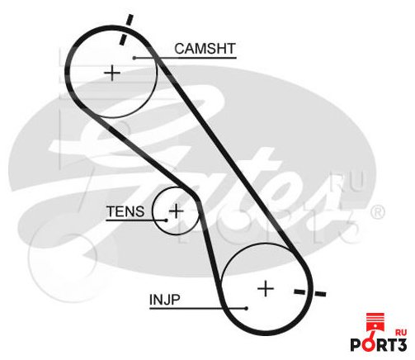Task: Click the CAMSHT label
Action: pos(205,49)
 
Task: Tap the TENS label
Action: pos(125,211)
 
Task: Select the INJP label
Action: pos(165,300)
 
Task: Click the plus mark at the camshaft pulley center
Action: pos(112,73)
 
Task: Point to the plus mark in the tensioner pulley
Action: pos(176,211)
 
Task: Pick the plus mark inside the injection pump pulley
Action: pos(266,289)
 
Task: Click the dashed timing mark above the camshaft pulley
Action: pos(126,30)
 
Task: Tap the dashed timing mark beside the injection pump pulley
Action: pos(310,292)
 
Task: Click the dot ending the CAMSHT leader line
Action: pos(134,58)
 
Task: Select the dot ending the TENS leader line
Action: pos(166,220)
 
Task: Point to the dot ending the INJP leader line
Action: pos(247,308)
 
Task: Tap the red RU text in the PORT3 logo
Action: pos(400,332)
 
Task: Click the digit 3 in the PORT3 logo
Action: pos(401,344)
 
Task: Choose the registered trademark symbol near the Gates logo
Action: pos(377,212)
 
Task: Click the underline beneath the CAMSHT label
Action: pos(186,58)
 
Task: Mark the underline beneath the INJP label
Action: pos(198,308)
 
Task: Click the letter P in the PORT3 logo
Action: pos(356,344)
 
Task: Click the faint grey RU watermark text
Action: pos(347,181)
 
